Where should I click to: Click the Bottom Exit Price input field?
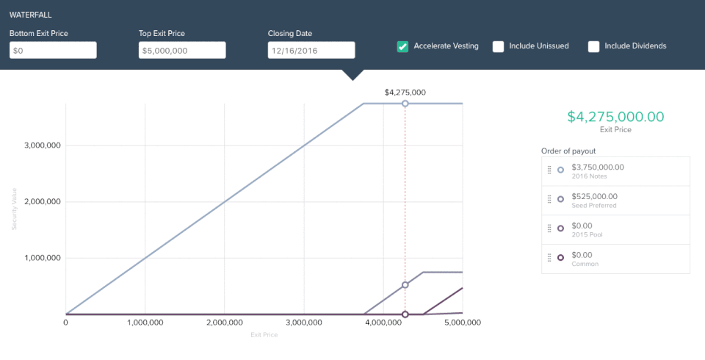pyautogui.click(x=53, y=50)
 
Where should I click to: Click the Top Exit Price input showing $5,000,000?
pyautogui.click(x=182, y=50)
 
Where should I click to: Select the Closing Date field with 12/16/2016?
pyautogui.click(x=311, y=50)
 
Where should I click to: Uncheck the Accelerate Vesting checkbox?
pyautogui.click(x=402, y=46)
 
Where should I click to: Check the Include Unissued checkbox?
pyautogui.click(x=498, y=46)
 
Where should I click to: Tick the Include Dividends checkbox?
pyautogui.click(x=593, y=46)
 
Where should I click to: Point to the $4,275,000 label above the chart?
pyautogui.click(x=405, y=93)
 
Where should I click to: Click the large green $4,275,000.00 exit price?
pyautogui.click(x=615, y=116)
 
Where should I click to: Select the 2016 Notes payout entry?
pyautogui.click(x=615, y=171)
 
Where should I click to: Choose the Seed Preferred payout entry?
pyautogui.click(x=615, y=201)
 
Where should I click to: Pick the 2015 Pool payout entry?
pyautogui.click(x=615, y=230)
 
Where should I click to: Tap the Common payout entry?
pyautogui.click(x=615, y=259)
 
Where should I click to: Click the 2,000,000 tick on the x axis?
pyautogui.click(x=225, y=323)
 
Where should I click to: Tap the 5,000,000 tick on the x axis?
pyautogui.click(x=462, y=323)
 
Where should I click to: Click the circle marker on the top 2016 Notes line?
pyautogui.click(x=405, y=104)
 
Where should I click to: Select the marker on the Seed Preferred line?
pyautogui.click(x=405, y=285)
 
